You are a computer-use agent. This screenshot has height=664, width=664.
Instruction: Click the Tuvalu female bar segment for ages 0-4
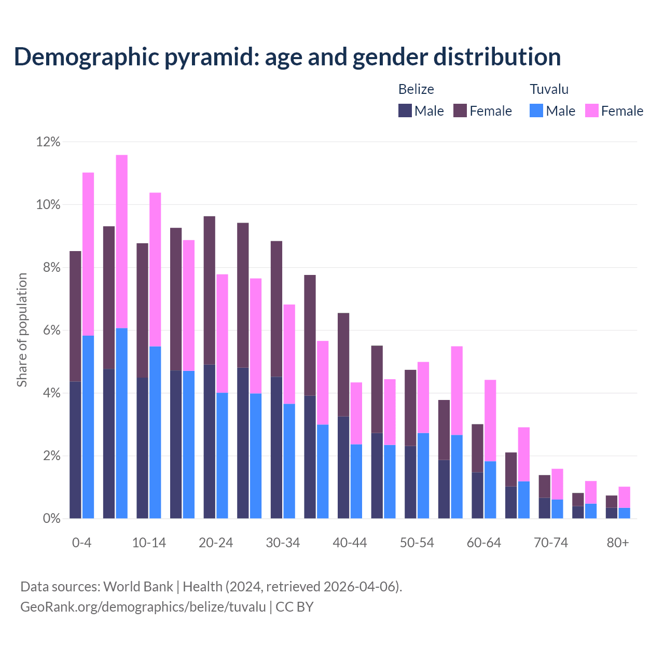point(88,254)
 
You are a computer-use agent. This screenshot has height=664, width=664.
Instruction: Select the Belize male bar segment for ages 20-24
point(210,441)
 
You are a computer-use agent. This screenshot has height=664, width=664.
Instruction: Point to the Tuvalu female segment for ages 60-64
point(490,421)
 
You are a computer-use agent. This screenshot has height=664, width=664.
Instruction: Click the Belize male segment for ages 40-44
point(343,467)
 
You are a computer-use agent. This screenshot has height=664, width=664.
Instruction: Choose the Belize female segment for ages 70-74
point(545,486)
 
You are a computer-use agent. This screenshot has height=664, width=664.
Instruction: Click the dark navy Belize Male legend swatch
point(405,110)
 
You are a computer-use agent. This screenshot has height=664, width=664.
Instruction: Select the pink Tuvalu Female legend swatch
point(592,110)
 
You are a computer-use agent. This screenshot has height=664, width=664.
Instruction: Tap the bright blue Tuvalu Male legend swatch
point(536,110)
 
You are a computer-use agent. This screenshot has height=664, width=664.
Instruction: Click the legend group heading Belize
point(416,89)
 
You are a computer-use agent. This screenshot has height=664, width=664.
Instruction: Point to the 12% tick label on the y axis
point(48,142)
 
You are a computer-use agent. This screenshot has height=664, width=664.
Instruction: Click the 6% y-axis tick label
point(51,330)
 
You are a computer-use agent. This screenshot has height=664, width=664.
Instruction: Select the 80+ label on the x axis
point(618,543)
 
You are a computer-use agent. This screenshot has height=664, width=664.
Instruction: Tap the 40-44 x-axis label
point(350,543)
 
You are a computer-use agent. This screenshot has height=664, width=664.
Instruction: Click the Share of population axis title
point(22,330)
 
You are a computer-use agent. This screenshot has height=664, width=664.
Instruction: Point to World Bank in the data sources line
point(138,587)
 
